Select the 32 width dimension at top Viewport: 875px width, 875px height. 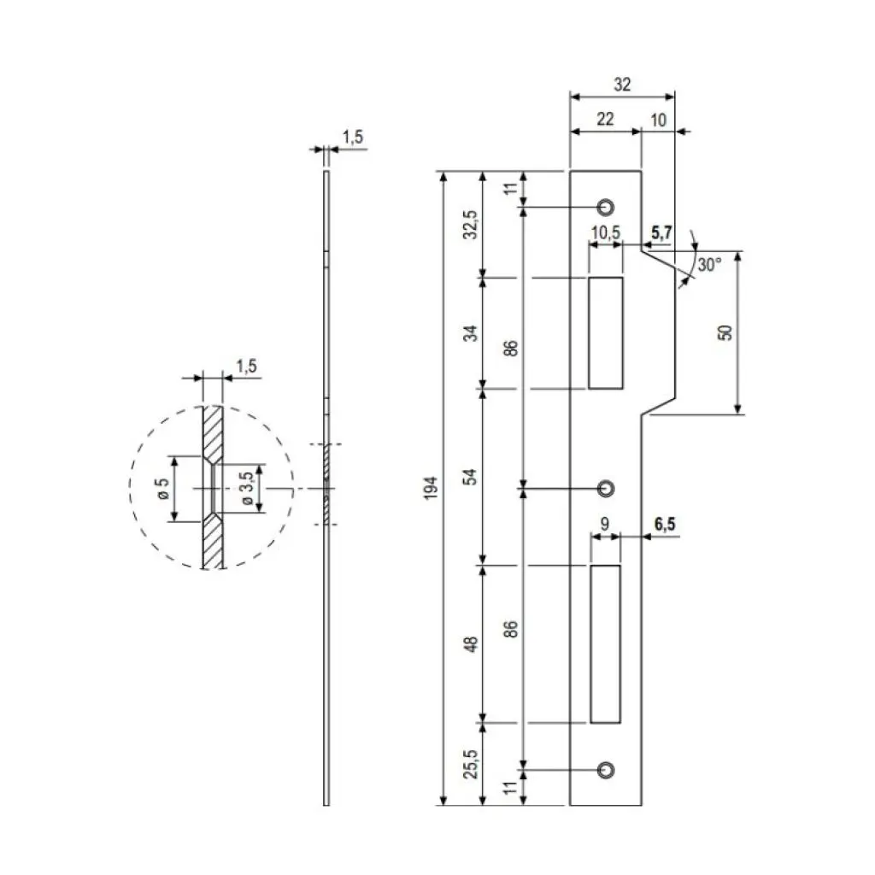point(622,84)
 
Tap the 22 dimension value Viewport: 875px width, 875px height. point(604,120)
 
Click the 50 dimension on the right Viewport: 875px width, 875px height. point(725,332)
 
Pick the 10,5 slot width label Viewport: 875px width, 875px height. point(605,232)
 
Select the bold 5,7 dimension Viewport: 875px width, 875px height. point(662,232)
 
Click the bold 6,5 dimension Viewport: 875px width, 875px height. point(665,525)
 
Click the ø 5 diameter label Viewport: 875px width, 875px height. point(162,488)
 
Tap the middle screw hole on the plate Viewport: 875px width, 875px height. point(606,488)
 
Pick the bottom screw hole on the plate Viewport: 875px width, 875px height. point(606,769)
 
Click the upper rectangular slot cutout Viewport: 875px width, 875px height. point(605,332)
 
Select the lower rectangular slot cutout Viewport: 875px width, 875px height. point(605,643)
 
